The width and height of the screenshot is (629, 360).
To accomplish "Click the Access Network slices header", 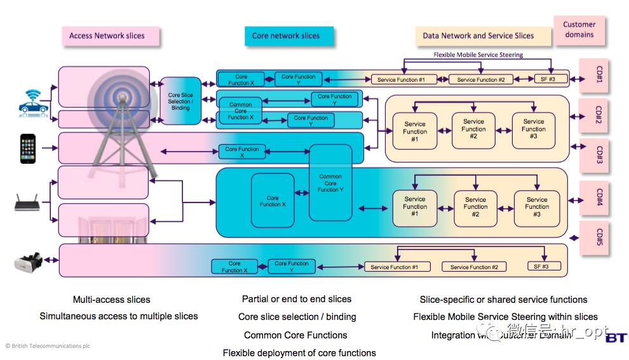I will click(x=107, y=36).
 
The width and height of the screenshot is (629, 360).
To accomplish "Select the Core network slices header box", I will click(x=286, y=36).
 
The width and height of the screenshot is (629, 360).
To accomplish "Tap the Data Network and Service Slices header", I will click(x=478, y=36).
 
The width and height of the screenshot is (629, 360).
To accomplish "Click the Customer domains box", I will click(x=579, y=30).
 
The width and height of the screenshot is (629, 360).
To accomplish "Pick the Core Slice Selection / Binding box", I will click(x=180, y=102).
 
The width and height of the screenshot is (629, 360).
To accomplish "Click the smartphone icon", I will click(x=28, y=149).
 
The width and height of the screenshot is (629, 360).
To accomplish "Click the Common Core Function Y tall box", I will click(x=330, y=183).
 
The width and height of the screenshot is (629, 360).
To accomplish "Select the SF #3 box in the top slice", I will click(x=541, y=79).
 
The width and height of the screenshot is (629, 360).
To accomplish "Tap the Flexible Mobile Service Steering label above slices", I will click(x=478, y=55).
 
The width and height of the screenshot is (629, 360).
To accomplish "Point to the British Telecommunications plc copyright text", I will click(x=48, y=346).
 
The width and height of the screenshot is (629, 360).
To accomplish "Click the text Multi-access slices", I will click(x=112, y=300).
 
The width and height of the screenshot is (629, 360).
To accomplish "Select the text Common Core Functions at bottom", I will click(x=295, y=335).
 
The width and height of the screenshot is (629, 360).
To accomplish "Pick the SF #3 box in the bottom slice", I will click(x=541, y=267).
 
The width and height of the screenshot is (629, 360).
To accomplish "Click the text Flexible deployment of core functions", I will click(x=299, y=353).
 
